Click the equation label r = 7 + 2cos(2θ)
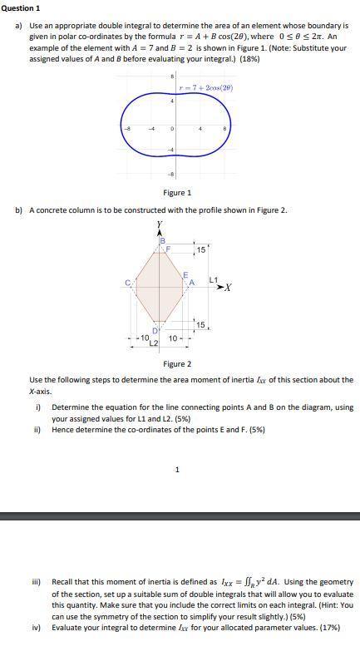[211, 87]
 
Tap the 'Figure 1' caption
[177, 193]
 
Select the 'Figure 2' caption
[177, 363]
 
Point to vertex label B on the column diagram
[162, 241]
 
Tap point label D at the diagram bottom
[155, 332]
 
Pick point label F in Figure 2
[168, 248]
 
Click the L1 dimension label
[214, 279]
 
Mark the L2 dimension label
[154, 343]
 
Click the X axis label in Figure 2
[229, 288]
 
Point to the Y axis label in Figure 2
[159, 224]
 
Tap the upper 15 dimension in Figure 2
[200, 250]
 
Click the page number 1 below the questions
[177, 470]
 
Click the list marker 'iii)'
[37, 582]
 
